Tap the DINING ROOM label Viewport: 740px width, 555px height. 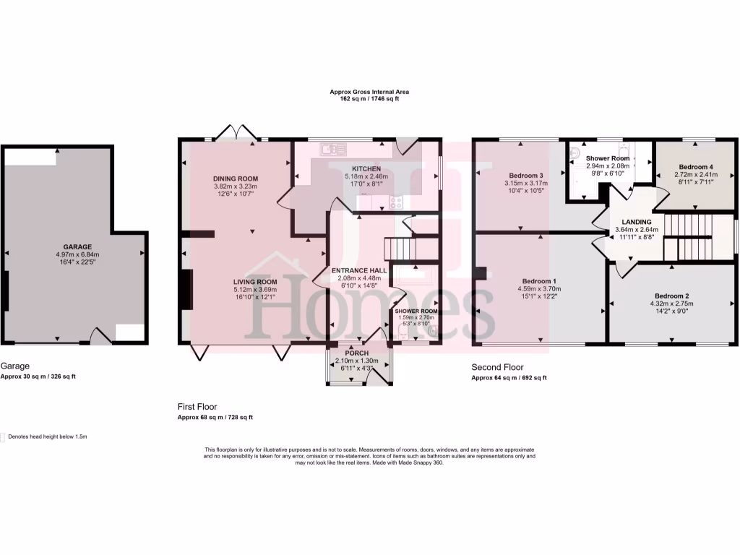235,178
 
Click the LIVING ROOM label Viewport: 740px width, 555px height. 255,282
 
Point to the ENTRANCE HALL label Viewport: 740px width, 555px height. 358,270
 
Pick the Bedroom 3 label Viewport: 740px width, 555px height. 526,176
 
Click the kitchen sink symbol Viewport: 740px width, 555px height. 334,150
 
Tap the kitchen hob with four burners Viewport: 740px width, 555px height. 396,202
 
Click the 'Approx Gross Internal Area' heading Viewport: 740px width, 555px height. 369,92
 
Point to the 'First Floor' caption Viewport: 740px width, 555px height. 197,407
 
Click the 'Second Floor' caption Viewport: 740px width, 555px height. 497,367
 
